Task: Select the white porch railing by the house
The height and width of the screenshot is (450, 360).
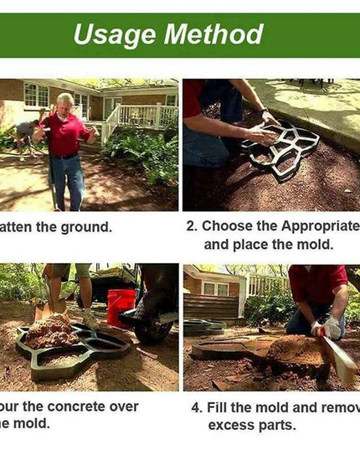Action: coord(138,116)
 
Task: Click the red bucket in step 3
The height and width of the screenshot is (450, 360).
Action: coord(121,307)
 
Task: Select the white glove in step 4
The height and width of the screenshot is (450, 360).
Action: coord(332,328)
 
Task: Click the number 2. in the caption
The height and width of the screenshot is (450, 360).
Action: coord(191,225)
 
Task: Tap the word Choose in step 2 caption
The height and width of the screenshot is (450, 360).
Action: coord(229,225)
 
